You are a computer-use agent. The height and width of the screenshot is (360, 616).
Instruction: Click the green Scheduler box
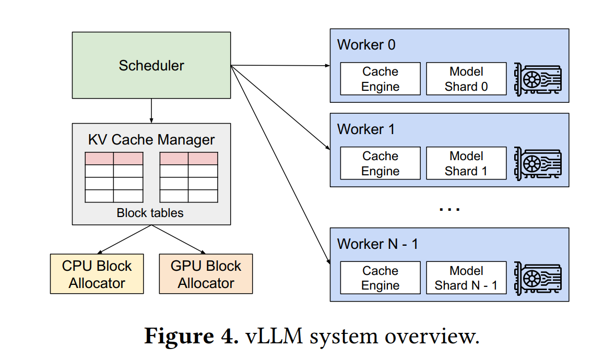point(151,65)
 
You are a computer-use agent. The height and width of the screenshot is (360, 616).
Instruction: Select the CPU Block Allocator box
point(97,273)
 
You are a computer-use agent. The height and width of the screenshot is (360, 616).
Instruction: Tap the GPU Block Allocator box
point(206,273)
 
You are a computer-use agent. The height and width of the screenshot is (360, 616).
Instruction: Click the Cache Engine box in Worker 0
point(380,78)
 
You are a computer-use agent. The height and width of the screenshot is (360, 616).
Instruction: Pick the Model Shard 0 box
point(466,78)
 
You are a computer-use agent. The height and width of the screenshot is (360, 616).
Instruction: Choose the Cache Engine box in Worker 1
point(380,163)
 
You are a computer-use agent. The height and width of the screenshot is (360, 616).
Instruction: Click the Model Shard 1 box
point(466,163)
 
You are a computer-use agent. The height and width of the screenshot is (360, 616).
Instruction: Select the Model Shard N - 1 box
point(466,278)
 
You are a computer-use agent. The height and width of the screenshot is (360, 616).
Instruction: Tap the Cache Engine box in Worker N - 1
point(380,278)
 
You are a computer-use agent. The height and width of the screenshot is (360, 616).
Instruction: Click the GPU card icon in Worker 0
point(538,79)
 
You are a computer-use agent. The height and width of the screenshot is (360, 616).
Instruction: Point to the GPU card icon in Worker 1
point(538,164)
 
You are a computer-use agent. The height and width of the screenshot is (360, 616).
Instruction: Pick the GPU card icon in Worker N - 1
point(538,278)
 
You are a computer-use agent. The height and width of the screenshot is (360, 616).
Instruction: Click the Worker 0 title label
point(366,45)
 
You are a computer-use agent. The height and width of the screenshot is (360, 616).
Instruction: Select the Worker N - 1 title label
point(377,244)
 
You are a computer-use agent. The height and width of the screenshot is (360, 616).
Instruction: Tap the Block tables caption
point(150,213)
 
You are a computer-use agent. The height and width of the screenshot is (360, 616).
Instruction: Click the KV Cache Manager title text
point(151,140)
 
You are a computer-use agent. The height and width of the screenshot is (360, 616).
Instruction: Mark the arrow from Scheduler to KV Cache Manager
point(151,111)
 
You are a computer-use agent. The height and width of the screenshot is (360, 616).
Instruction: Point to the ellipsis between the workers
point(449,209)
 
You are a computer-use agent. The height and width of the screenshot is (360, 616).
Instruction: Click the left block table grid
point(114,177)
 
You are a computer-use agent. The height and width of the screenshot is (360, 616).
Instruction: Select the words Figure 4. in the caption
point(191,336)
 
